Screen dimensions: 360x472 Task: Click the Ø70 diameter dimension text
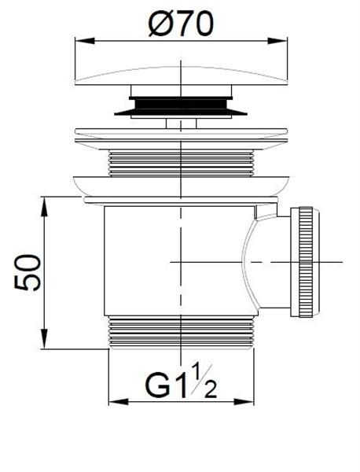coord(181,24)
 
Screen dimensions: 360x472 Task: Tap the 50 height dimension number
coord(28,273)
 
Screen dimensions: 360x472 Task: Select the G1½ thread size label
coord(181,382)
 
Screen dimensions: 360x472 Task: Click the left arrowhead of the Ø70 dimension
coord(85,41)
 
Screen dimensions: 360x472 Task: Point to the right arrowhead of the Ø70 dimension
coord(277,41)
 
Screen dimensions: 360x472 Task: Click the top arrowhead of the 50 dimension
coord(44,207)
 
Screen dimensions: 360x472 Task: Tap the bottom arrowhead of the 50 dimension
coord(44,339)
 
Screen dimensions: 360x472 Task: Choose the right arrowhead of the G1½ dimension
coord(244,401)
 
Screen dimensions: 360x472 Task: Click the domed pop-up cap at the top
coord(181,76)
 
